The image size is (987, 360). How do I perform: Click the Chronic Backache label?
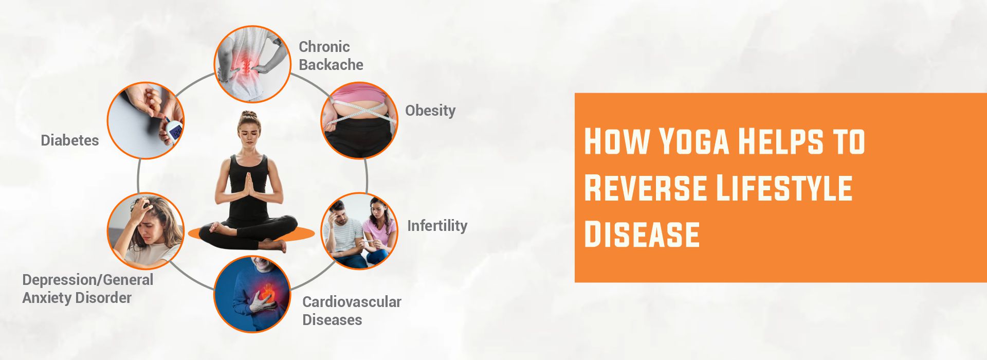click(331, 56)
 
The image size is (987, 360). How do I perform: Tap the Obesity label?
click(430, 111)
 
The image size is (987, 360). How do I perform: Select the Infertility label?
click(437, 226)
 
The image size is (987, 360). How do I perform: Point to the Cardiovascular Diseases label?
click(352, 311)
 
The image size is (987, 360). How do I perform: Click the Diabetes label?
click(69, 140)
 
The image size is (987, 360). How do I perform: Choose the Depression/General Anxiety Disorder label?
click(87, 289)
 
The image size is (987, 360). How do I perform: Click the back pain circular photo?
click(252, 64)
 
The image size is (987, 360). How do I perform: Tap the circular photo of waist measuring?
click(359, 120)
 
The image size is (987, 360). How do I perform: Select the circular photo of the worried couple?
click(359, 231)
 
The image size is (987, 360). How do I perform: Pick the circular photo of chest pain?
click(252, 294)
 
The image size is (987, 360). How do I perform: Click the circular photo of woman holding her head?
click(145, 231)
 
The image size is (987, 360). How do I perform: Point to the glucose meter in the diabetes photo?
click(175, 131)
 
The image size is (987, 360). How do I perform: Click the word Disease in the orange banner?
click(642, 235)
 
